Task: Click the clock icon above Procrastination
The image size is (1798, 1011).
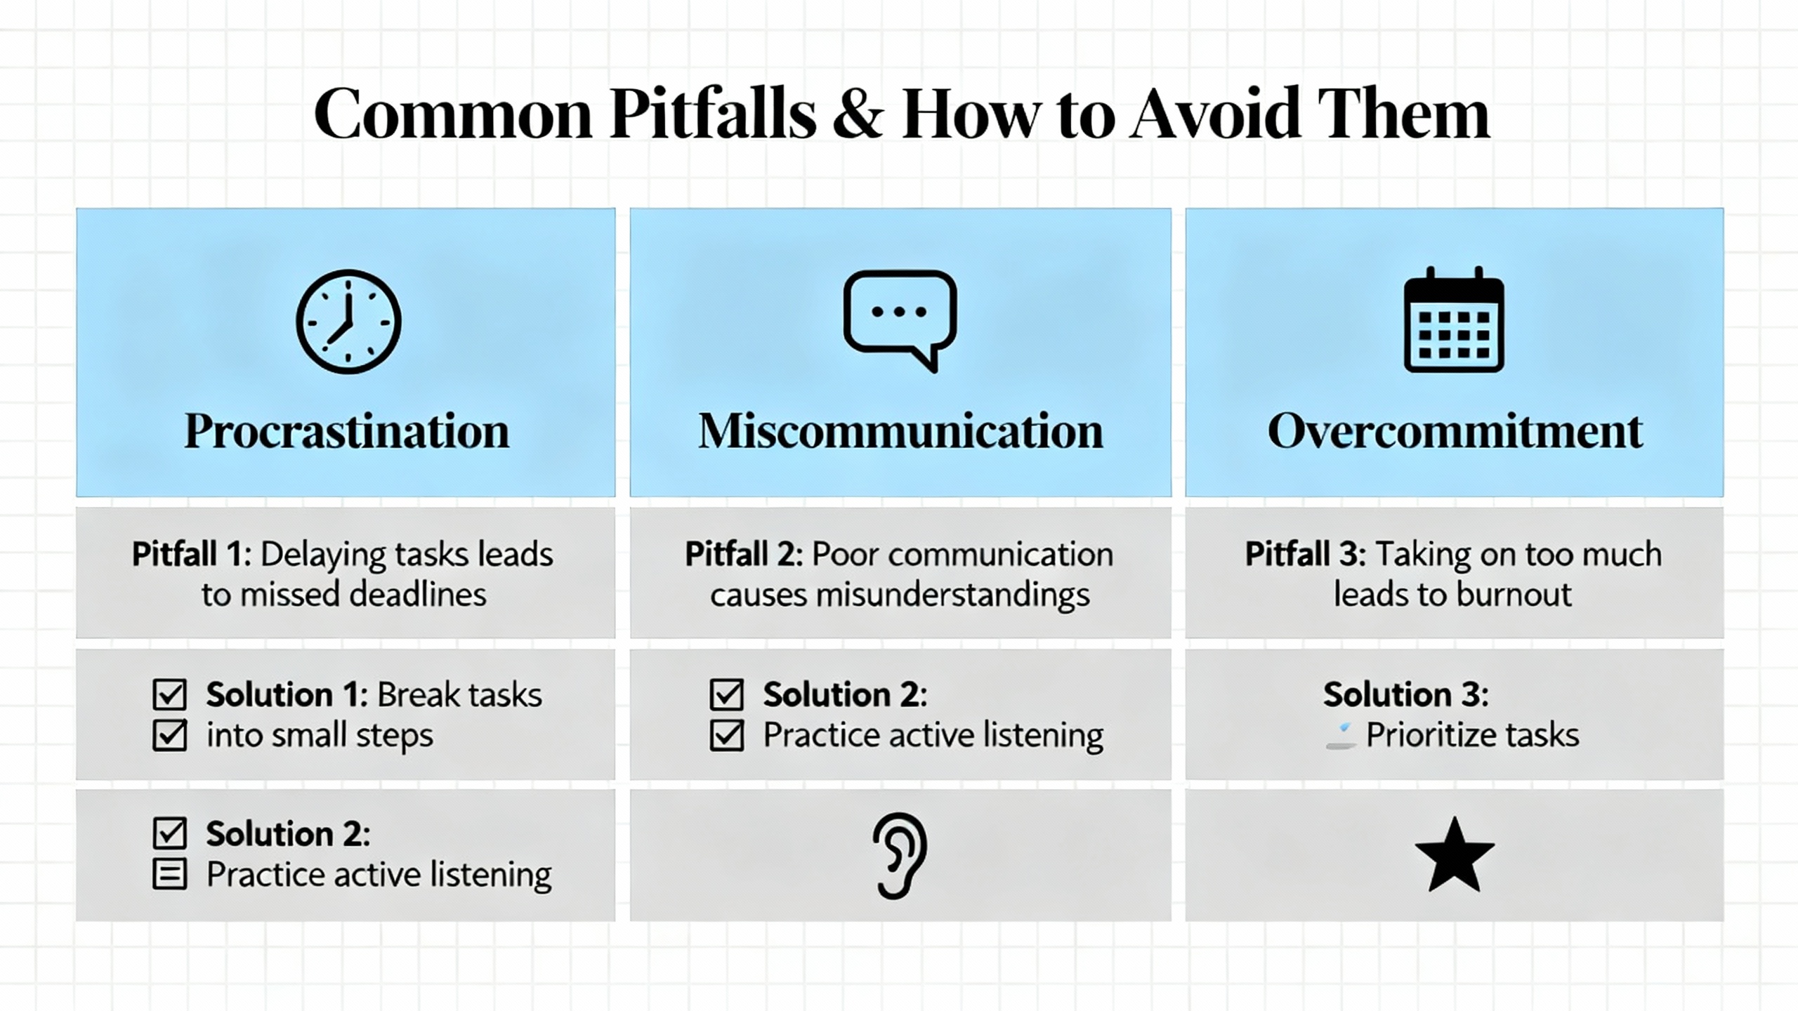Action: (x=348, y=321)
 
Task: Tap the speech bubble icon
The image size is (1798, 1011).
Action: (x=900, y=319)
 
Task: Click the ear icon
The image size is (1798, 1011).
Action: (x=900, y=856)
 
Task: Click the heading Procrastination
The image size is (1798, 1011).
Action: (x=346, y=430)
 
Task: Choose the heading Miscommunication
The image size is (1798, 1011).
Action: (x=900, y=430)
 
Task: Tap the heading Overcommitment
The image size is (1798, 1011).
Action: (x=1455, y=430)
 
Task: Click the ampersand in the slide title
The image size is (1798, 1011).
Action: (x=858, y=114)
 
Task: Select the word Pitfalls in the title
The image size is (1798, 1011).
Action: (x=713, y=113)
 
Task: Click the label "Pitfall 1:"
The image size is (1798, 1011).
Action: (x=192, y=554)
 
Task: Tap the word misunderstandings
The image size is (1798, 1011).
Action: (x=952, y=595)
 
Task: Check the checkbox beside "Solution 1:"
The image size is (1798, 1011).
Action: (x=169, y=694)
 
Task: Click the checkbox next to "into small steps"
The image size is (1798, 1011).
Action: (x=169, y=735)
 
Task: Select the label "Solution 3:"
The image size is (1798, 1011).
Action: (x=1406, y=694)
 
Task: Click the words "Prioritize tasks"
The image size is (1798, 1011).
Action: (x=1472, y=735)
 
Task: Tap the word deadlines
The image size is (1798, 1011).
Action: (x=418, y=594)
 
